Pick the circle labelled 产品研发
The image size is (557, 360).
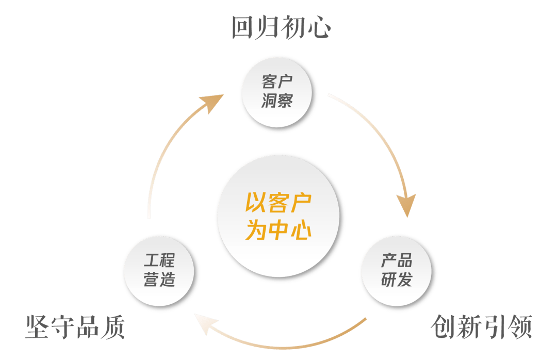click(x=397, y=271)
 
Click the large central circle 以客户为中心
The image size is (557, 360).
click(x=278, y=217)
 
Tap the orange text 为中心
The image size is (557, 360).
click(x=278, y=230)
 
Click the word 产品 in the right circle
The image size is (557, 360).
click(x=397, y=261)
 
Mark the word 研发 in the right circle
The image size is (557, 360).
click(x=397, y=280)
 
